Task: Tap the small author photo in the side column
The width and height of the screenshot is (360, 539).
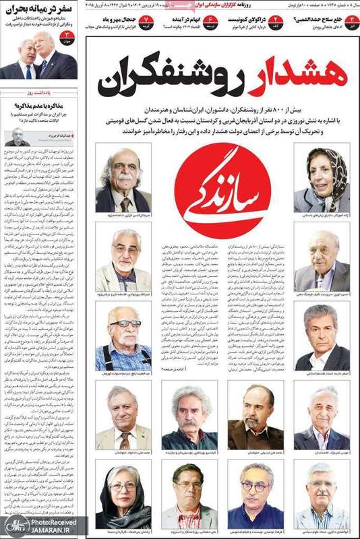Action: click(15, 135)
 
